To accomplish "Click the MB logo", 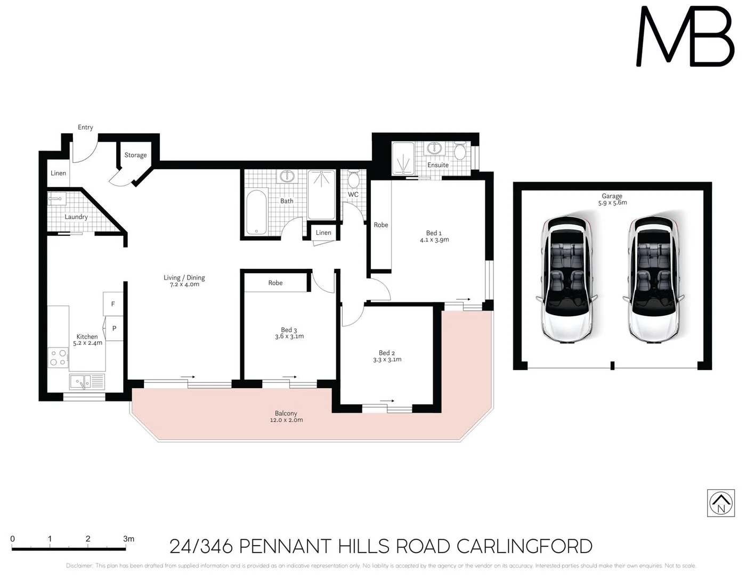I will pyautogui.click(x=685, y=37).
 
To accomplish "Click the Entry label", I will pyautogui.click(x=85, y=127).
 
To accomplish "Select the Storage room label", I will pyautogui.click(x=135, y=155).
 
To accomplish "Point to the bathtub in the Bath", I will pyautogui.click(x=256, y=212).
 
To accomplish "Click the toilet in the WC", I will pyautogui.click(x=353, y=179).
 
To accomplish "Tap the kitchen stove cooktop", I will pyautogui.click(x=58, y=358).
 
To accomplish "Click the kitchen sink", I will pyautogui.click(x=87, y=382).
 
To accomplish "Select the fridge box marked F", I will pyautogui.click(x=113, y=304).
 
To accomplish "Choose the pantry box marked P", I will pyautogui.click(x=114, y=328).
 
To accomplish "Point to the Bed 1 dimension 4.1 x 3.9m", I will pyautogui.click(x=434, y=240).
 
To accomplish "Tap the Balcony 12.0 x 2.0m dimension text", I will pyautogui.click(x=286, y=420).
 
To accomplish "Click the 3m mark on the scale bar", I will pyautogui.click(x=128, y=539).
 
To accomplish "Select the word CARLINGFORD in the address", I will pyautogui.click(x=524, y=547).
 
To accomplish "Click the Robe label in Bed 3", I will pyautogui.click(x=275, y=283).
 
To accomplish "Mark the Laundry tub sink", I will pyautogui.click(x=55, y=199).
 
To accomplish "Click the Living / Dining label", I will pyautogui.click(x=184, y=277).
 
